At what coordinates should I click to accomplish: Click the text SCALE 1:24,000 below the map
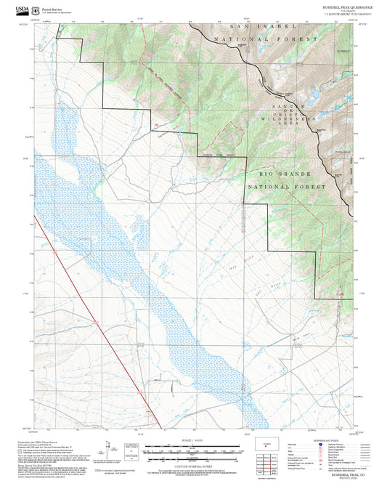[x=192, y=440]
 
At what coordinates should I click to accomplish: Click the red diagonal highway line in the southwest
[x=94, y=320]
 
